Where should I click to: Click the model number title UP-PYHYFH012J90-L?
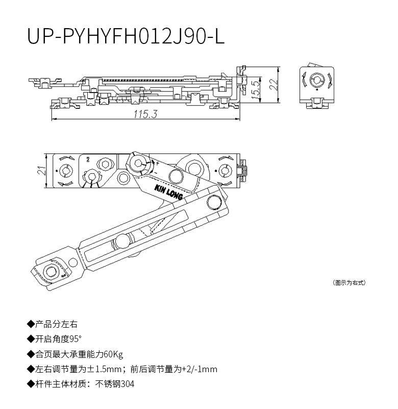pyautogui.click(x=126, y=35)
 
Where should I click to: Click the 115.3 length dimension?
pyautogui.click(x=145, y=114)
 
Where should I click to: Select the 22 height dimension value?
pyautogui.click(x=274, y=84)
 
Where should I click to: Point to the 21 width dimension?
pyautogui.click(x=42, y=171)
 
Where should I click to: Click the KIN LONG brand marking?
pyautogui.click(x=168, y=192)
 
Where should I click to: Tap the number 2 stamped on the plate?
pyautogui.click(x=88, y=159)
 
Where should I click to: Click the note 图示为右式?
pyautogui.click(x=349, y=283)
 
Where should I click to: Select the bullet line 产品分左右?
pyautogui.click(x=52, y=324)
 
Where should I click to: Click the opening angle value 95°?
pyautogui.click(x=76, y=339)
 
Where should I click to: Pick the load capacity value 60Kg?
pyautogui.click(x=113, y=354)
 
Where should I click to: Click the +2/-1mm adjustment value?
pyautogui.click(x=200, y=369)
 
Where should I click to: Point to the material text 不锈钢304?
pyautogui.click(x=115, y=384)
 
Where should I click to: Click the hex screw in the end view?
pyautogui.click(x=317, y=80)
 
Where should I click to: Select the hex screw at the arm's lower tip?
pyautogui.click(x=51, y=271)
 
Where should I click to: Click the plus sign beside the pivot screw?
pyautogui.click(x=157, y=163)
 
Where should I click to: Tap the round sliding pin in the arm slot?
pyautogui.click(x=122, y=241)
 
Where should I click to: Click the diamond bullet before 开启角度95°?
pyautogui.click(x=31, y=339)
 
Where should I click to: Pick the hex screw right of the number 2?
pyautogui.click(x=106, y=165)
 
